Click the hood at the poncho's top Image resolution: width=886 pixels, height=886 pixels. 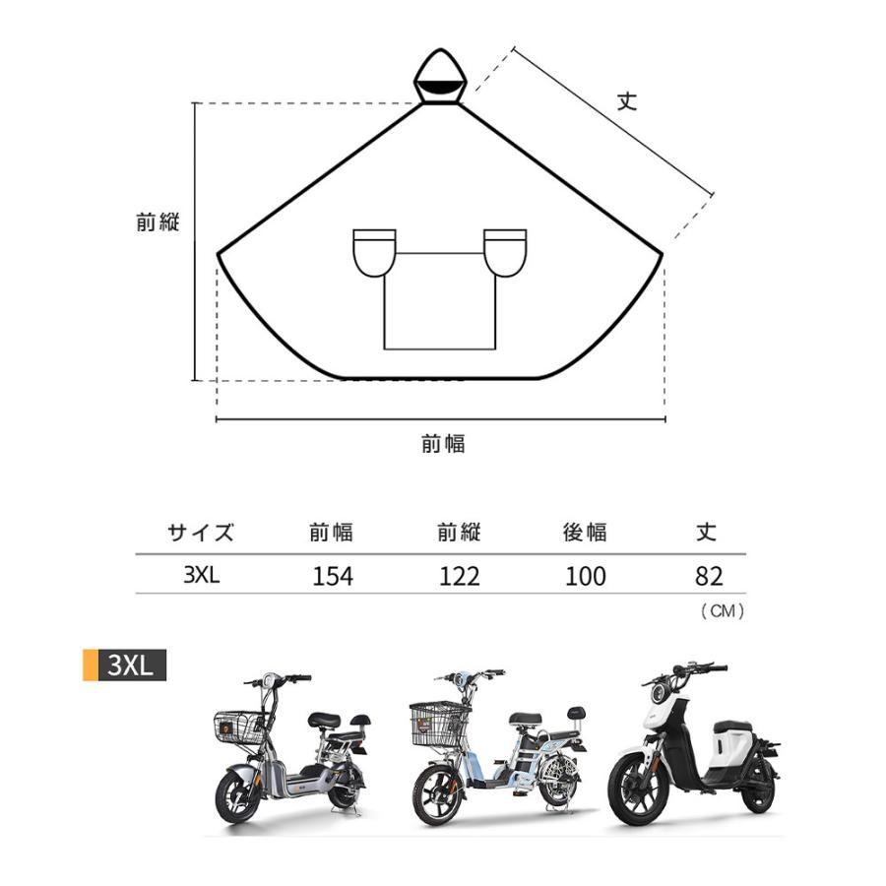[x=440, y=77]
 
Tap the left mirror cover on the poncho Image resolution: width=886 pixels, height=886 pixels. [x=375, y=252]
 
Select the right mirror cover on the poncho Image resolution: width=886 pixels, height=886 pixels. [x=506, y=252]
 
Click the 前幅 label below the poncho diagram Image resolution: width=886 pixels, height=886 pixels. [x=443, y=444]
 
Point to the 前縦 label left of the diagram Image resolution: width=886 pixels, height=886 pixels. [x=158, y=222]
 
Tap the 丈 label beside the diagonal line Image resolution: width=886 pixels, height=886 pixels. [x=627, y=101]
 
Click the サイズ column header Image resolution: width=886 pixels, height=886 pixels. [x=201, y=533]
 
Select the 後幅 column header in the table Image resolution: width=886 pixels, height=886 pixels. [x=585, y=533]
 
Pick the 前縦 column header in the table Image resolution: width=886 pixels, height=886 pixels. [x=458, y=533]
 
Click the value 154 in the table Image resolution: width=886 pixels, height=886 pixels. [x=332, y=576]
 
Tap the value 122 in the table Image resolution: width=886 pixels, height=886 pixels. [x=458, y=576]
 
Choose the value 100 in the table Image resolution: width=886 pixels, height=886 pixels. [x=585, y=576]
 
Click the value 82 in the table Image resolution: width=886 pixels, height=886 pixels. [x=708, y=576]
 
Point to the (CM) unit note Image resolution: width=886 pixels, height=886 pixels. [x=722, y=611]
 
